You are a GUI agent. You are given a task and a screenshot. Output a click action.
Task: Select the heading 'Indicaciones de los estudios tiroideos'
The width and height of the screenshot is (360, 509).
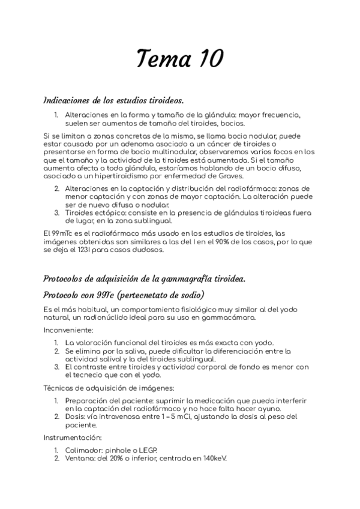pyautogui.click(x=114, y=99)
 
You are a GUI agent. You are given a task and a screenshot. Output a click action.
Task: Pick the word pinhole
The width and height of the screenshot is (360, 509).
pyautogui.click(x=121, y=450)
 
